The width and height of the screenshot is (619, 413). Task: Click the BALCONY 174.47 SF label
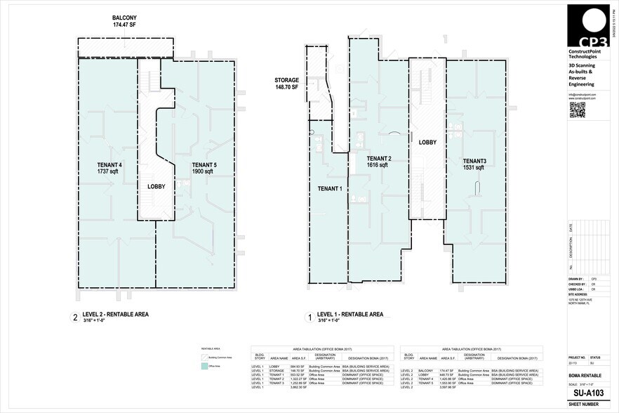(124, 21)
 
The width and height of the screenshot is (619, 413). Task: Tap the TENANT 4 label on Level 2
(110, 168)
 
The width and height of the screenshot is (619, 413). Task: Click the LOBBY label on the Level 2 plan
(157, 188)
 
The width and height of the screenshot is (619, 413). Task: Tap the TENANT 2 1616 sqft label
(378, 162)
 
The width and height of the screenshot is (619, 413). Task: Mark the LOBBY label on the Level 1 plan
(427, 142)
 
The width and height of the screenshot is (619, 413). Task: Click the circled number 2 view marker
(75, 317)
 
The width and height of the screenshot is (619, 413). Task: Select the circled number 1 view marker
(308, 317)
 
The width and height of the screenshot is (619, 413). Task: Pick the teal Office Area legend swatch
(205, 367)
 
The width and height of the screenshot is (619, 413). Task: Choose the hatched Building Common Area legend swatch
(205, 358)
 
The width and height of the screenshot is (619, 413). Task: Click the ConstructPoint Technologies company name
(583, 55)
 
